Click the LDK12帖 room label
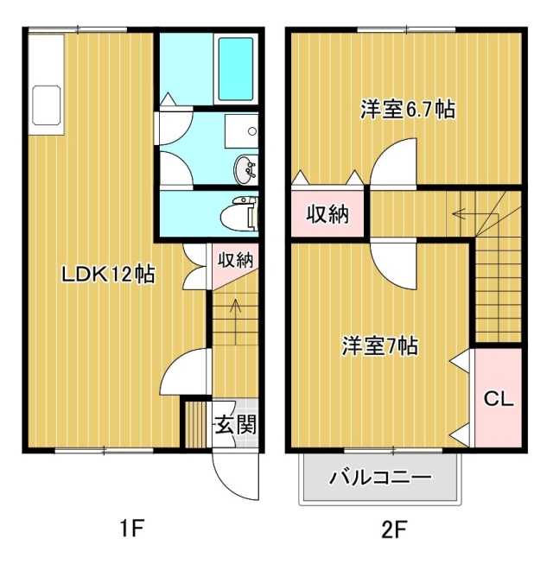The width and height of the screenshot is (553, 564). [x=108, y=275]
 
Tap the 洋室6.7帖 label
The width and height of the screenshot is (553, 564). [x=408, y=110]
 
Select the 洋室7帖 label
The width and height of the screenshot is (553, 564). [x=380, y=346]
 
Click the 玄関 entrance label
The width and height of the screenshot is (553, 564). [x=236, y=424]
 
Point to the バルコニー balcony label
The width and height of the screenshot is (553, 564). [x=380, y=478]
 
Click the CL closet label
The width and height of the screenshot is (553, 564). [x=498, y=398]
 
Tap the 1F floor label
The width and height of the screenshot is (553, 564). [x=131, y=529]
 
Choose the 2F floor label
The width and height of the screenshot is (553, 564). [x=394, y=529]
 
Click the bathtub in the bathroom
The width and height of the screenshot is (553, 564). [x=236, y=69]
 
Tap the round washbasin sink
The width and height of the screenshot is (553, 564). [x=245, y=169]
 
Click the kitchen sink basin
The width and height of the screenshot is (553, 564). [x=47, y=105]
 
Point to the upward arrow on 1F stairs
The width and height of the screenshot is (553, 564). [x=236, y=321]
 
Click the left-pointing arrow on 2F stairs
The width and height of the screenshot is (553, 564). [x=475, y=215]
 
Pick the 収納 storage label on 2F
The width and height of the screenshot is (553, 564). [x=327, y=215]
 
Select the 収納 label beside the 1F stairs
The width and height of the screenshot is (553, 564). [x=236, y=260]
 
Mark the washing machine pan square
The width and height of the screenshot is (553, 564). [x=241, y=131]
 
